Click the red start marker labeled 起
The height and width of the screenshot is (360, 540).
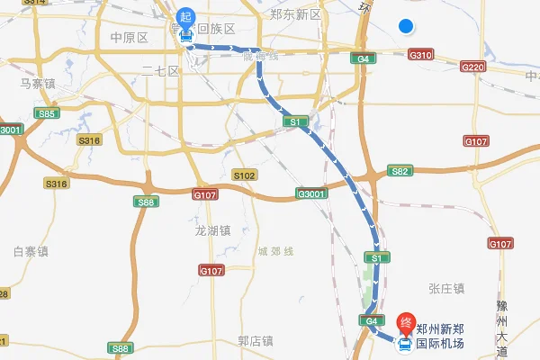(x=185, y=16)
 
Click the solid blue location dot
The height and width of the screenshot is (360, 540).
(x=406, y=26)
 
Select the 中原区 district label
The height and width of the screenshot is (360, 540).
(x=128, y=38)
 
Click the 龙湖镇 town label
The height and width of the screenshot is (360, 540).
(x=213, y=229)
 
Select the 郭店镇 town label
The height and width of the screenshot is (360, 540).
(x=255, y=341)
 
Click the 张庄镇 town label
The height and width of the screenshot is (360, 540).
(x=446, y=288)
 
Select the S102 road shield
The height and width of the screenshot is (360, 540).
(x=244, y=175)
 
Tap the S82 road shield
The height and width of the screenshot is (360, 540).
(x=400, y=171)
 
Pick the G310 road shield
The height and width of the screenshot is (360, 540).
(x=420, y=55)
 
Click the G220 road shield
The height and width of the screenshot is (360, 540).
(x=473, y=67)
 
